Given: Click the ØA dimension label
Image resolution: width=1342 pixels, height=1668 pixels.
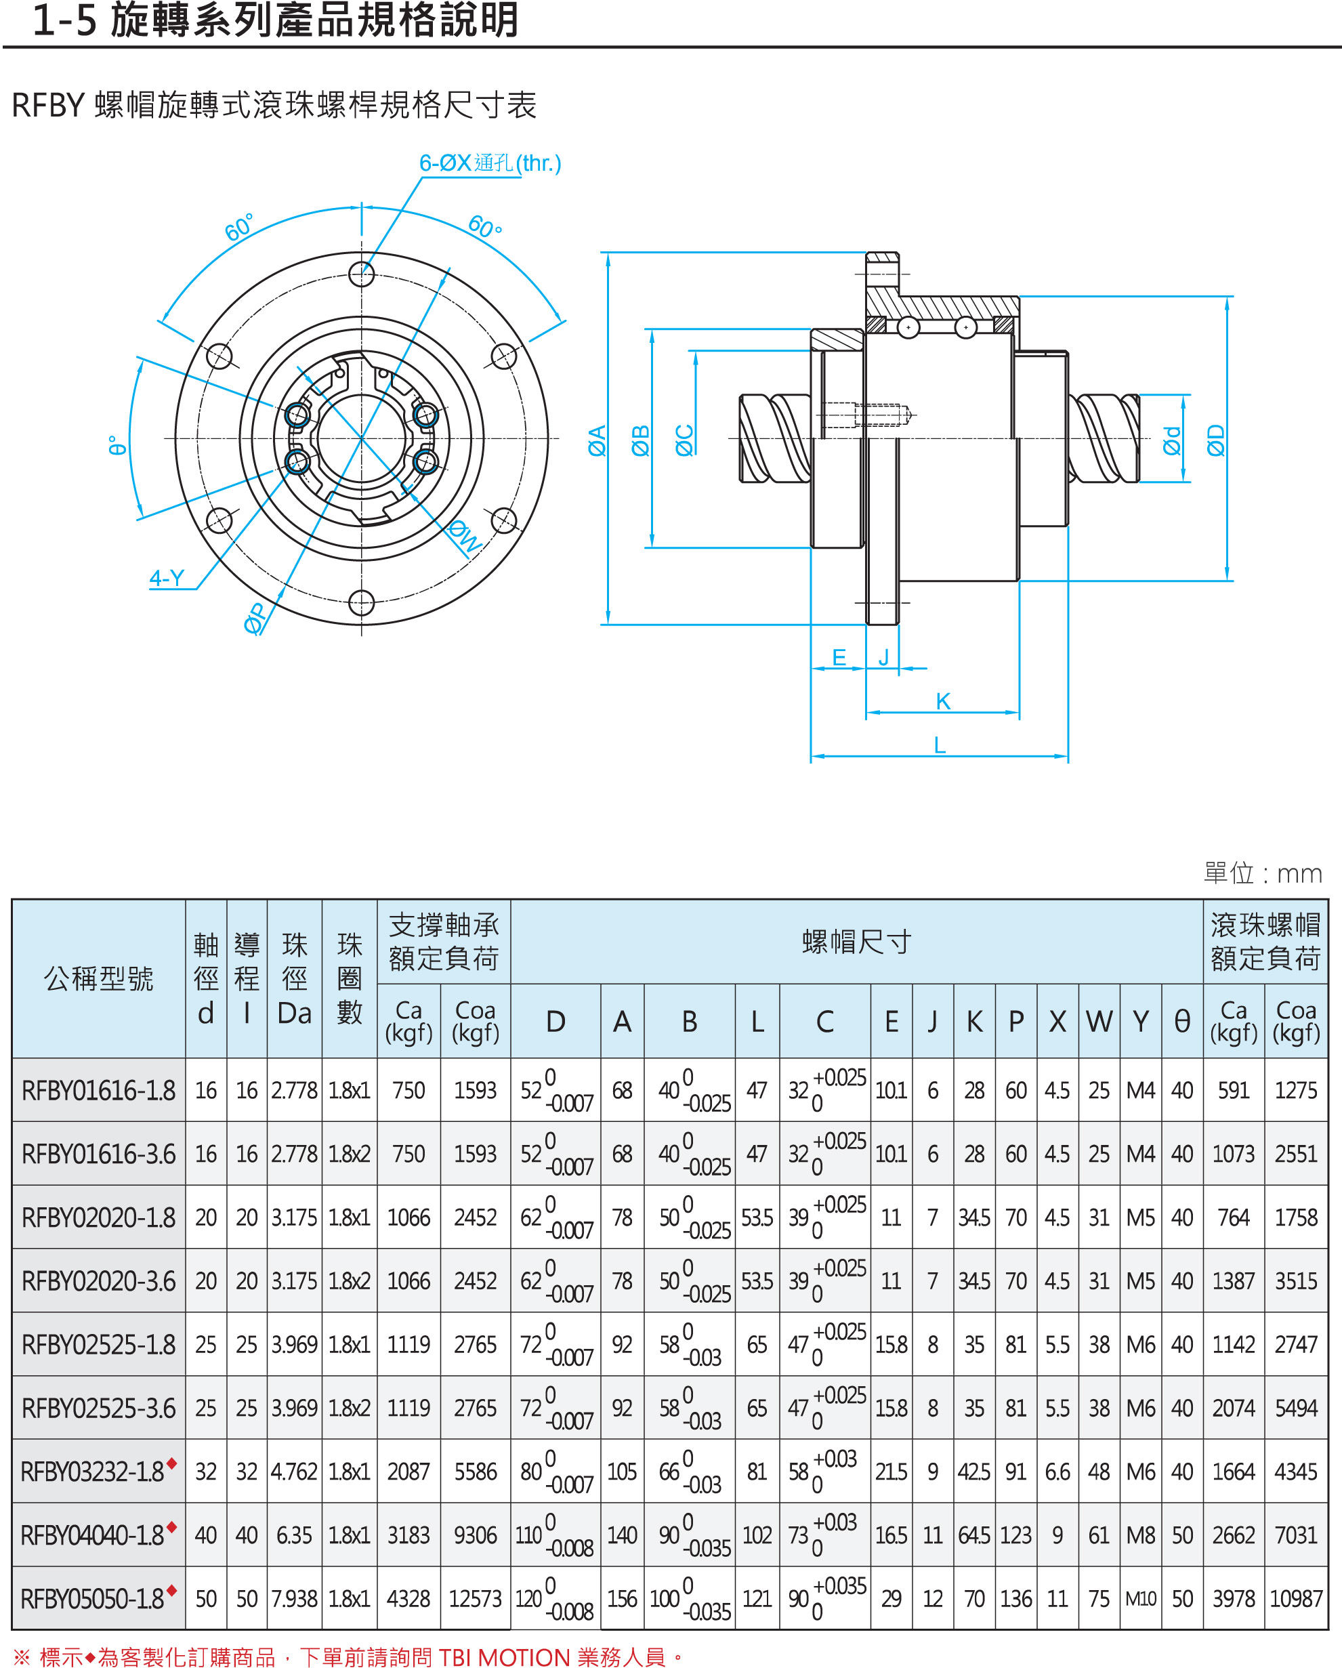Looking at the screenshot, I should (596, 440).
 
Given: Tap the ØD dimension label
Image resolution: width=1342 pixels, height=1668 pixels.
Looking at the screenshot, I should (1216, 440).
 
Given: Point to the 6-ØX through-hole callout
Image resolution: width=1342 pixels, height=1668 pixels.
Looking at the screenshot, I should (490, 163).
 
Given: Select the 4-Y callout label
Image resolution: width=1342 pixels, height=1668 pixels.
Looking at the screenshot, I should (167, 578).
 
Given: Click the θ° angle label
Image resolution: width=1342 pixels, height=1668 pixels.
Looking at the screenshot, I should (117, 446).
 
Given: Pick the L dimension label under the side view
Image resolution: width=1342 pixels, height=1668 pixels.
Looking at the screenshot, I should (940, 745).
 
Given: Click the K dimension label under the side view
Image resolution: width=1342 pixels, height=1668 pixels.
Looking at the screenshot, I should (943, 701).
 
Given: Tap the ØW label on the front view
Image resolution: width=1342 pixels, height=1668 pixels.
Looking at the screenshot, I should (465, 535).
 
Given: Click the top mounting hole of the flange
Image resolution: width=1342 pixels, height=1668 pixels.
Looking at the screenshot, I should (361, 274).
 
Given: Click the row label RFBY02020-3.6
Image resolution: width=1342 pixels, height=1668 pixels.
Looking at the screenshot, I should (98, 1282).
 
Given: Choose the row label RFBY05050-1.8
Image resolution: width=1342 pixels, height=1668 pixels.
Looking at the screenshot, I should (92, 1599).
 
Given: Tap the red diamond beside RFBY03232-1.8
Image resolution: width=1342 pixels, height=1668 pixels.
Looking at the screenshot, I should (171, 1463).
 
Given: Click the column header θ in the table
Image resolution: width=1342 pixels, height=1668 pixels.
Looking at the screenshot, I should (1182, 1022).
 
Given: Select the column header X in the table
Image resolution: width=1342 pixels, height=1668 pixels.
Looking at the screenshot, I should (1057, 1022).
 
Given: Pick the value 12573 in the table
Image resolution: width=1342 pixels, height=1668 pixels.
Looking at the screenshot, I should (475, 1599).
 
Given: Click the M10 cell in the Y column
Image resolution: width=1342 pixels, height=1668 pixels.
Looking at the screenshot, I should (1140, 1599).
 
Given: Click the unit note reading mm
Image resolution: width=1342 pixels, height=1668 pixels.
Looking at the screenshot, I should (1299, 874).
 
